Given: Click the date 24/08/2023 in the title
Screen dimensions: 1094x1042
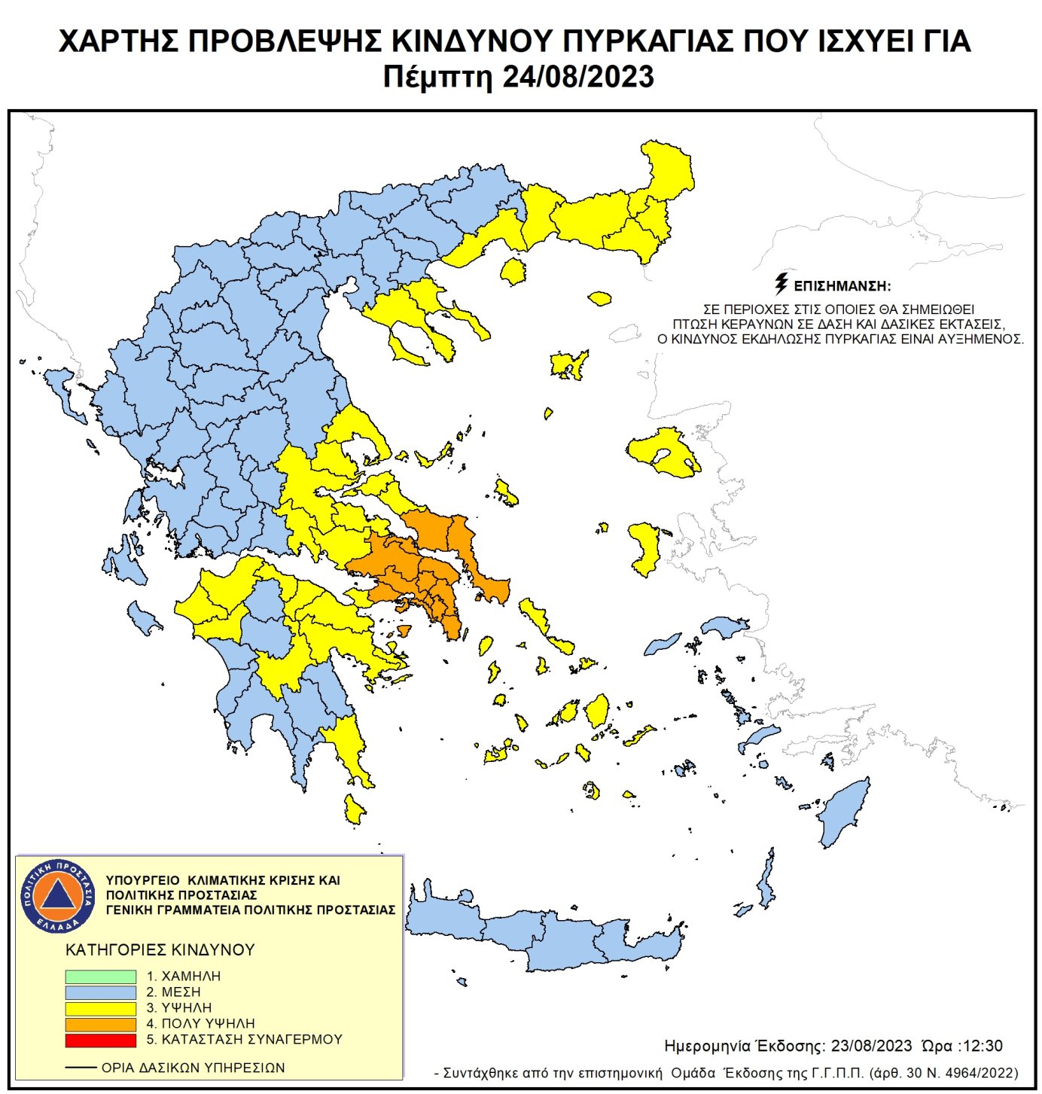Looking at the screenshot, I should click(x=577, y=78).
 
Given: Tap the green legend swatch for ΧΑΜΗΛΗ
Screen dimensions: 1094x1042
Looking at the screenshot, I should click(x=100, y=977).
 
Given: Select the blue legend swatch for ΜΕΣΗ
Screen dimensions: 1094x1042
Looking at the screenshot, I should click(x=100, y=992).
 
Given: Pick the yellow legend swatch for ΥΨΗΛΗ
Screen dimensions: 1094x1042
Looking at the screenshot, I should click(x=100, y=1008).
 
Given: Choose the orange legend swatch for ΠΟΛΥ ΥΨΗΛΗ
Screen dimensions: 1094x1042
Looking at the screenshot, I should click(x=100, y=1024).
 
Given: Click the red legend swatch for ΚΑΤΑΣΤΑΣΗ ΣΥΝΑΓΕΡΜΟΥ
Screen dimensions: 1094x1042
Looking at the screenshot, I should click(x=100, y=1040).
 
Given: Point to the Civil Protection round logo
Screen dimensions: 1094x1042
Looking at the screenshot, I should click(x=58, y=895).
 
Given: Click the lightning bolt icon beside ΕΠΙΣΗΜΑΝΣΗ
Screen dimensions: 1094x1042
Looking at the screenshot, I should click(x=781, y=284).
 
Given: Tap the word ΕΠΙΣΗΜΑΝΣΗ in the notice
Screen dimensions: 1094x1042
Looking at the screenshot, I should click(x=842, y=287).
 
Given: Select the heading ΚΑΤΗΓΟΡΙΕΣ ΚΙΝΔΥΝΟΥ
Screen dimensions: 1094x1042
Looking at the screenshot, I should click(x=160, y=950).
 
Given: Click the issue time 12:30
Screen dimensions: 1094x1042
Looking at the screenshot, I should click(x=983, y=1046).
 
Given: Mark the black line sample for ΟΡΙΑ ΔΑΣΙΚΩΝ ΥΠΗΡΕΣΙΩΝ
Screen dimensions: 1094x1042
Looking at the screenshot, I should click(x=81, y=1068).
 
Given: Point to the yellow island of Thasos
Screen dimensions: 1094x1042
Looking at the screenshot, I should click(x=513, y=271).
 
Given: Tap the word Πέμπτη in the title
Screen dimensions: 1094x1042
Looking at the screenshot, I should click(x=437, y=78).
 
